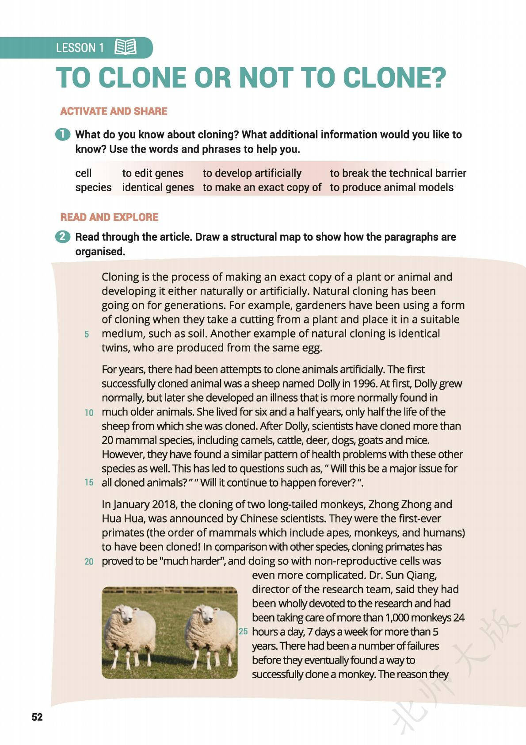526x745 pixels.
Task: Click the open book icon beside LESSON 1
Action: [126, 47]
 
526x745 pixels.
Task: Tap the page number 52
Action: [37, 718]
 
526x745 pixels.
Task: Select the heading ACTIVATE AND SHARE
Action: [114, 111]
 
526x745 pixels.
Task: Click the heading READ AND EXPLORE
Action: [109, 217]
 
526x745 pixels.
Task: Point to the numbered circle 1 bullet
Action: [63, 134]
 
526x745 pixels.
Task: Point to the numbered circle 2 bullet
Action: [63, 237]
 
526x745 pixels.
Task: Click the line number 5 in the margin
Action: [87, 334]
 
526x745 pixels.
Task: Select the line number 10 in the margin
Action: [89, 413]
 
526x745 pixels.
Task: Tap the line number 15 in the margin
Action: [89, 483]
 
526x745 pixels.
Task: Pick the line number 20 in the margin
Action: [89, 562]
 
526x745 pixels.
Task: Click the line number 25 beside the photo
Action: [243, 632]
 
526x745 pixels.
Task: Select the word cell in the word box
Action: [84, 173]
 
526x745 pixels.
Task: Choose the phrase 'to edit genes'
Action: [152, 173]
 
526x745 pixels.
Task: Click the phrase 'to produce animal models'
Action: [391, 188]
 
